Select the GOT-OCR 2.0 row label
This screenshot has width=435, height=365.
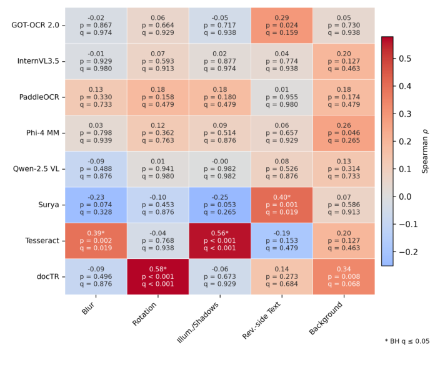pos(34,26)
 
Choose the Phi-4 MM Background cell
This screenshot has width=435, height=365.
pos(343,134)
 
